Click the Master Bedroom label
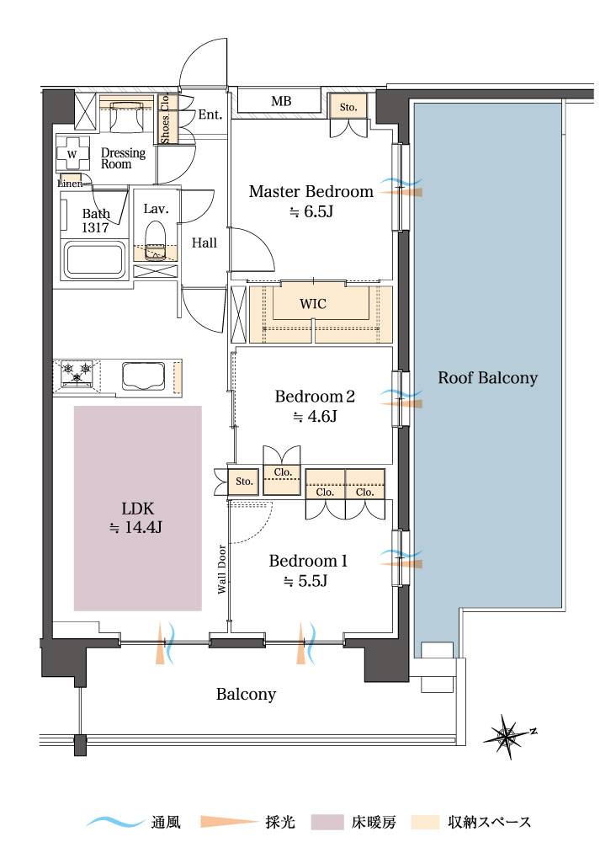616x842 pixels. pos(311,191)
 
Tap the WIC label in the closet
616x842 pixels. pos(313,304)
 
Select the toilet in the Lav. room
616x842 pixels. pos(156,241)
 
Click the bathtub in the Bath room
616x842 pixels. pos(94,260)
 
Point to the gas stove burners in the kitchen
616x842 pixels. pos(77,373)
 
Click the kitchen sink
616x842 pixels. pos(143,376)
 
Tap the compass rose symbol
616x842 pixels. pos(507,736)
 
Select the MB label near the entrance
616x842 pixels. pos(281,101)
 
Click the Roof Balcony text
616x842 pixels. pos(488,378)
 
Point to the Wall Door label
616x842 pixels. pos(221,569)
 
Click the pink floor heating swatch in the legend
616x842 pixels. pos(327,822)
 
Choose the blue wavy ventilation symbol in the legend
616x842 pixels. pos(114,822)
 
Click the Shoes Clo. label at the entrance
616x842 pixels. pos(165,118)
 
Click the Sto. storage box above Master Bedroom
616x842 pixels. pos(348,107)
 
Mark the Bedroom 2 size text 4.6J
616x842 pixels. pos(315,416)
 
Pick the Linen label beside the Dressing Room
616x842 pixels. pos(71,184)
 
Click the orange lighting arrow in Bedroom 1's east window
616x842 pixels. pos(401,564)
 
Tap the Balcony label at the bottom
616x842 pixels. pos(246,695)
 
